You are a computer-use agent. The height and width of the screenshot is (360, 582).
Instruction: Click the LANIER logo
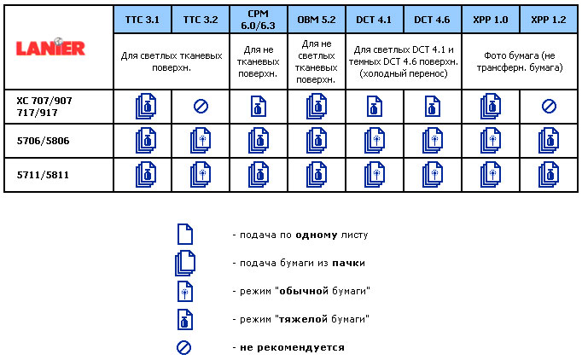point(51,47)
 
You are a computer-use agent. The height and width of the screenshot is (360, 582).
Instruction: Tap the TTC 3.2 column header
point(201,18)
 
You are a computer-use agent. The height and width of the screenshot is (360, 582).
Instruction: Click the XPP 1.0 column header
point(491,18)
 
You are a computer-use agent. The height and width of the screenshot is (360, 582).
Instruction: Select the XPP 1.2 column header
point(547,18)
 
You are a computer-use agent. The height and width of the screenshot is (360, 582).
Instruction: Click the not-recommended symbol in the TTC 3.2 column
point(201,107)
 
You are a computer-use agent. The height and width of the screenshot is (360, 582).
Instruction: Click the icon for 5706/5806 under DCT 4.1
point(375,141)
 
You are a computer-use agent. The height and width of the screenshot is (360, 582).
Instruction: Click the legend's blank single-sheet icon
point(184,234)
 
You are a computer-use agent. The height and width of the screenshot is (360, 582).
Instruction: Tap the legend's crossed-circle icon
point(184,347)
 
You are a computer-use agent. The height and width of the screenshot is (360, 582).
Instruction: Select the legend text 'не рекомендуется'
point(293,347)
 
